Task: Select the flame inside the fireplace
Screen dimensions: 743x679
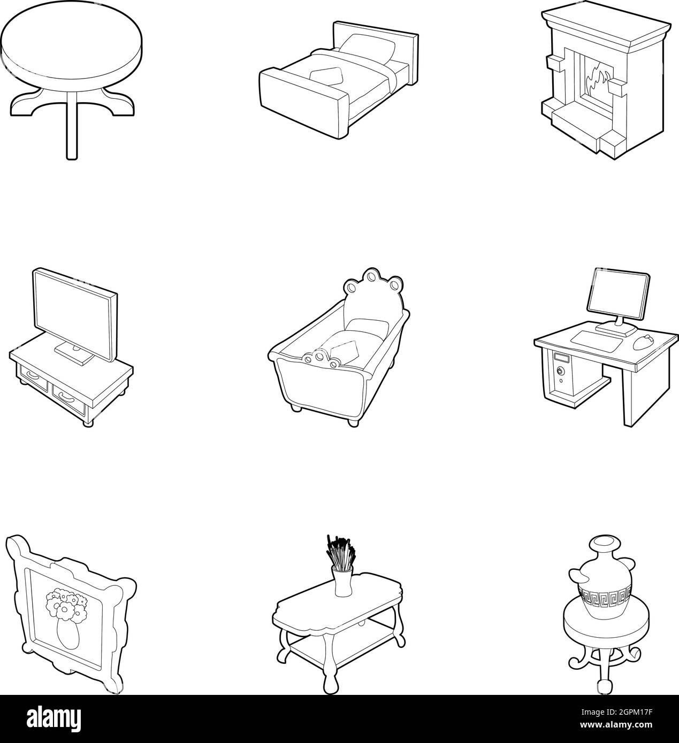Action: (x=596, y=80)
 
